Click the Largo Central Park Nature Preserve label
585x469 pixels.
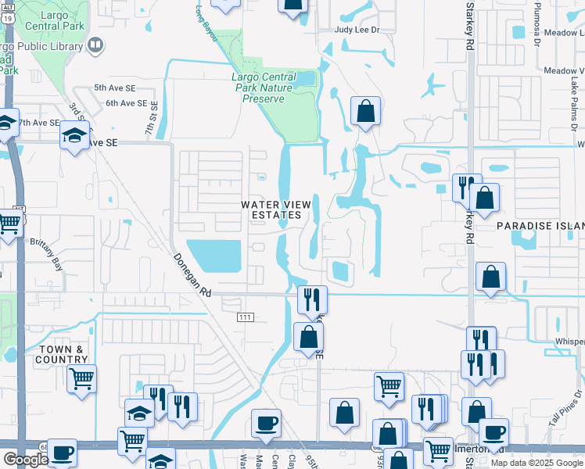[x=264, y=88]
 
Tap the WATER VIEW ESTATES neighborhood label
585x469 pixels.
[x=271, y=209]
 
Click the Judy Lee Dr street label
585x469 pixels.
[x=357, y=30]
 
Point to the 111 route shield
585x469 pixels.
[x=244, y=316]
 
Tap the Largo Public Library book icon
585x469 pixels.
[x=95, y=45]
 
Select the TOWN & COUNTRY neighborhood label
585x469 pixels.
[x=61, y=355]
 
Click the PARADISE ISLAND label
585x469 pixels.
[x=540, y=225]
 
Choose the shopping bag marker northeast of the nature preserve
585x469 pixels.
[x=365, y=111]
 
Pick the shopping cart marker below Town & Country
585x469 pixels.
[x=81, y=379]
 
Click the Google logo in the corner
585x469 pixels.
[x=26, y=459]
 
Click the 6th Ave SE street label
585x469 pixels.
[x=127, y=103]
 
